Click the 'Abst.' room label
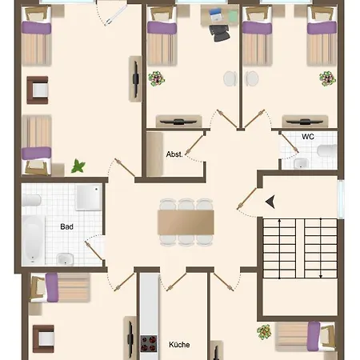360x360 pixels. (174, 154)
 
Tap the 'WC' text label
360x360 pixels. (308, 137)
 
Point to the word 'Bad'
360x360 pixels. (67, 226)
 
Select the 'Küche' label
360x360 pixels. (179, 345)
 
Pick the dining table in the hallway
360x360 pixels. (186, 221)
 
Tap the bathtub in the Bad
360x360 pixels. (32, 237)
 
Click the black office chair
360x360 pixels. (218, 30)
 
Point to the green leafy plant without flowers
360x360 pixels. (78, 166)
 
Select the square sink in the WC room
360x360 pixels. (300, 164)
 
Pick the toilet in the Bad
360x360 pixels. (64, 258)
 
